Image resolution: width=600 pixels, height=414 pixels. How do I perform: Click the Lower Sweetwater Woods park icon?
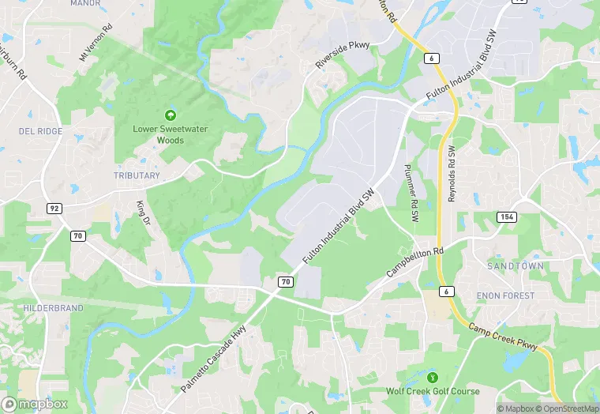click(x=170, y=116)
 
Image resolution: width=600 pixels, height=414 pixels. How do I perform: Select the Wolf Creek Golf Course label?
click(x=432, y=391)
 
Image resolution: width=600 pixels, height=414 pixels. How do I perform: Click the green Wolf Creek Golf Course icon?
click(x=432, y=376)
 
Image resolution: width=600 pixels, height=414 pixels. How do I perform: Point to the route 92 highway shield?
click(x=54, y=209)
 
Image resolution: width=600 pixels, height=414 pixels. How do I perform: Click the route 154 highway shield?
click(x=506, y=216)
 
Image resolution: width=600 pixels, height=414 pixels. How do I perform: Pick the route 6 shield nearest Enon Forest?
click(x=448, y=292)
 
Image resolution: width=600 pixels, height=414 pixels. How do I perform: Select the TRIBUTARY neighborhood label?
click(x=137, y=175)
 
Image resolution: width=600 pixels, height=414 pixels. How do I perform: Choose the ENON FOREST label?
click(x=505, y=295)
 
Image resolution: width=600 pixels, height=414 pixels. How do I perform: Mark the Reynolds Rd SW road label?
click(x=452, y=173)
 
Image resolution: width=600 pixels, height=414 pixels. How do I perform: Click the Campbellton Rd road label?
click(x=416, y=262)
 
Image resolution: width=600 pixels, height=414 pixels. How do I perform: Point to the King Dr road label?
click(x=143, y=213)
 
